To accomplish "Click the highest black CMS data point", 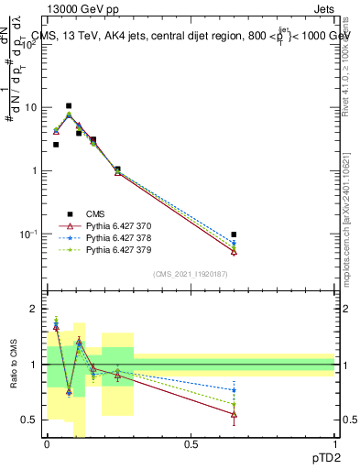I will pyautogui.click(x=69, y=106).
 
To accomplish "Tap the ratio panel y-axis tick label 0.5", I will pyautogui.click(x=30, y=420).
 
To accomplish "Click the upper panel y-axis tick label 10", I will pyautogui.click(x=30, y=107).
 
